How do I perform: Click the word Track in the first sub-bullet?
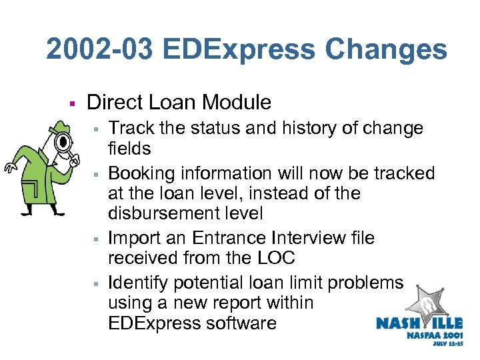[x=128, y=128]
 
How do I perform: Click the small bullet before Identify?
[x=97, y=283]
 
